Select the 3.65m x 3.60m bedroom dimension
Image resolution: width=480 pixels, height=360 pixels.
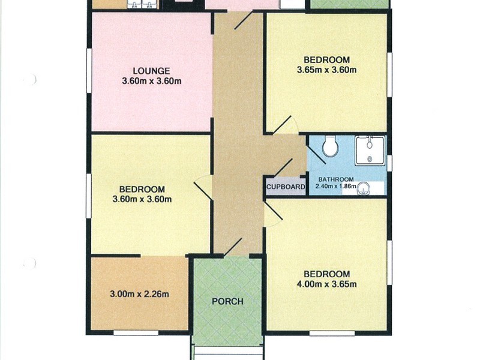pos(326,70)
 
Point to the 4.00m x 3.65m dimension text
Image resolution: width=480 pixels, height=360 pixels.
pos(326,284)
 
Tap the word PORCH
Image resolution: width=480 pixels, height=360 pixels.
pos(227,301)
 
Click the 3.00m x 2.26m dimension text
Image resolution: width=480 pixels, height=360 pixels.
pos(139,294)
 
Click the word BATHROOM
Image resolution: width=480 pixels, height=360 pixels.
pos(335,179)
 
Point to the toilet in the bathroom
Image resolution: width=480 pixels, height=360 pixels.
pos(329,145)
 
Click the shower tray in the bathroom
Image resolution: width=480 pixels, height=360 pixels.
pos(370,150)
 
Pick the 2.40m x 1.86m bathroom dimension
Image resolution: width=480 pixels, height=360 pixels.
pos(336,187)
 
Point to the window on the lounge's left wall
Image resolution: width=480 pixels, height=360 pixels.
pos(89,70)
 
